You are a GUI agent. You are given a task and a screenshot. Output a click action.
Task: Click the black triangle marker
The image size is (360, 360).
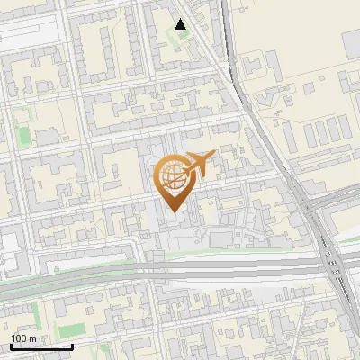tap(181, 24)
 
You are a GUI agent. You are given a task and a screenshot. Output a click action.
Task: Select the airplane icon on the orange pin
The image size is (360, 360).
tap(200, 164)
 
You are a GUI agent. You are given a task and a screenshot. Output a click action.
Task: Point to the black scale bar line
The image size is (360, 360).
tap(41, 346)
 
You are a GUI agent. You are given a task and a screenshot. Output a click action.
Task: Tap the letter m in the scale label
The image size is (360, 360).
tap(33, 338)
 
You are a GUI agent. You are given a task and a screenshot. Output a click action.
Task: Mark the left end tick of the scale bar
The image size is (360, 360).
tap(11, 345)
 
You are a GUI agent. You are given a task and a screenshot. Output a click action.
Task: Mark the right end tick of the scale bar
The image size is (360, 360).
tap(72, 345)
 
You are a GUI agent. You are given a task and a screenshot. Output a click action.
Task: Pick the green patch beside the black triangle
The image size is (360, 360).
tap(185, 40)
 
